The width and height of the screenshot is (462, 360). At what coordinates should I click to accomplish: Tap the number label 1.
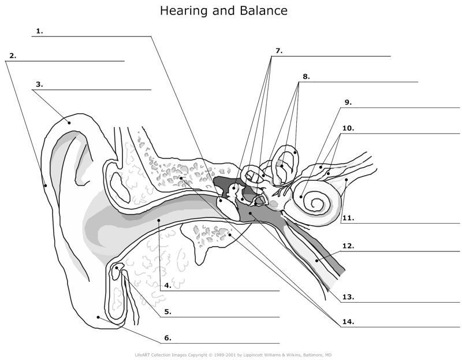(x=39, y=31)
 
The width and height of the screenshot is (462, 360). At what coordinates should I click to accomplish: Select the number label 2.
(x=12, y=56)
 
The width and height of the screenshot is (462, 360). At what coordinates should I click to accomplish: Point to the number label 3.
(x=39, y=84)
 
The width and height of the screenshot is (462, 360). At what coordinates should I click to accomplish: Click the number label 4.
(x=167, y=285)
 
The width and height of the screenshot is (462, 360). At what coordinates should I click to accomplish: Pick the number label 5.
(x=167, y=311)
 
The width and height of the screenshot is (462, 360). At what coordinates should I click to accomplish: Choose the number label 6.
(x=167, y=338)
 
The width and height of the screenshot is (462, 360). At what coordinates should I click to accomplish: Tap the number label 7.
(x=278, y=51)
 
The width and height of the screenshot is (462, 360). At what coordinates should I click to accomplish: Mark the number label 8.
(x=305, y=76)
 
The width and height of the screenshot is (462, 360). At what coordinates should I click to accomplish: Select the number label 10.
(x=348, y=127)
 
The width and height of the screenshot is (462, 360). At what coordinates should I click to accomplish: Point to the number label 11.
(x=348, y=218)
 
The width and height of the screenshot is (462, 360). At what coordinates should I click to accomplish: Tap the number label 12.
(x=348, y=245)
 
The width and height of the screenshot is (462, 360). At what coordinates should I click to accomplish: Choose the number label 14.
(x=348, y=321)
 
